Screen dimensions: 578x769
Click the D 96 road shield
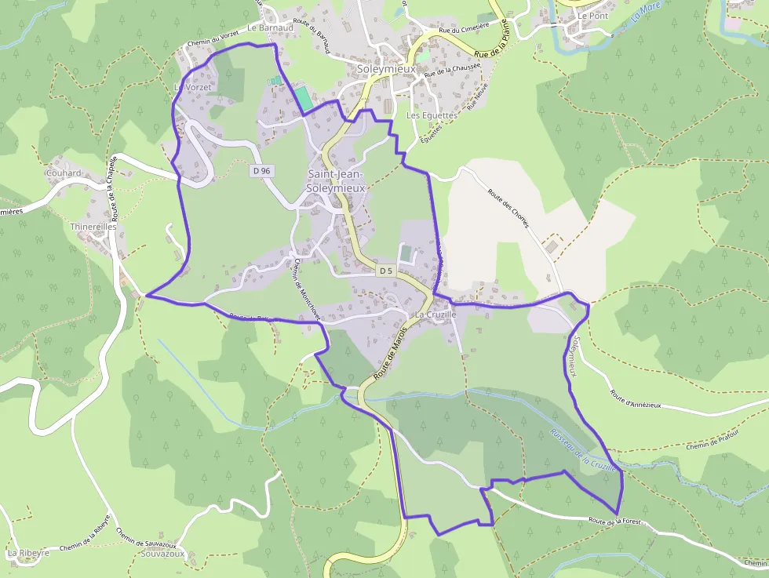262,170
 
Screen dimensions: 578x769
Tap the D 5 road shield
384,271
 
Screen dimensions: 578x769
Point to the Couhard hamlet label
64,173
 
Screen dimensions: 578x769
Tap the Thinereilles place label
93,227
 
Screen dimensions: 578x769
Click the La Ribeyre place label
28,553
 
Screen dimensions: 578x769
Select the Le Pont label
592,16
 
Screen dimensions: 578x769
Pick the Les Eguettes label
432,115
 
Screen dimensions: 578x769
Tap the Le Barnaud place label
270,27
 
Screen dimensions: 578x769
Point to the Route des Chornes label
508,208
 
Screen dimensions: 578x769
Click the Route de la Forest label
616,521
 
